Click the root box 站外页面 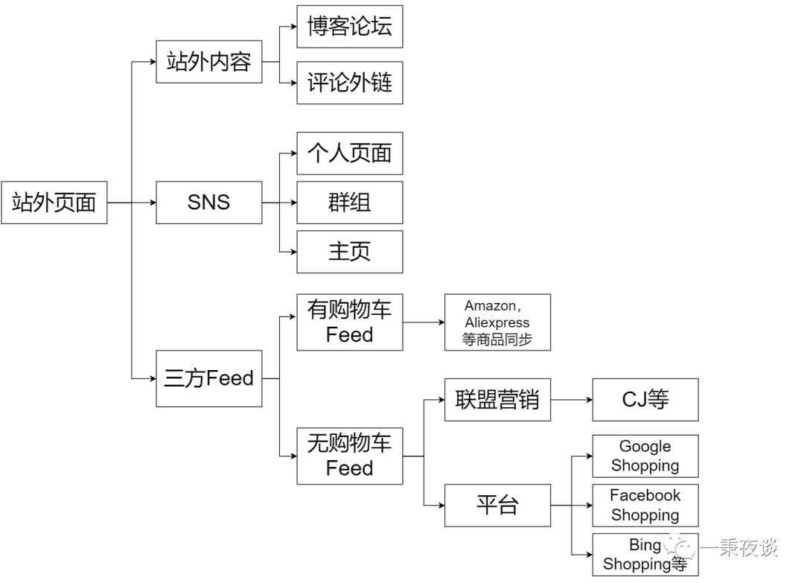[54, 202]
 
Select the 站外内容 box [208, 62]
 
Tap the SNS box [208, 202]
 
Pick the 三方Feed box [208, 378]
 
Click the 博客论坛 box [349, 27]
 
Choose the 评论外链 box [349, 83]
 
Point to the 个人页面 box [349, 153]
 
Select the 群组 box [349, 202]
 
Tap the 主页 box [349, 252]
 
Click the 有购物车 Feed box [349, 322]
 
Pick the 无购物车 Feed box [349, 456]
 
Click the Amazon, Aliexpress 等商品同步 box [497, 322]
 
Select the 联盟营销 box [497, 400]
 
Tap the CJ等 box [645, 400]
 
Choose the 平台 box [497, 506]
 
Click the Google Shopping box [645, 456]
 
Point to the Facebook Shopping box [645, 505]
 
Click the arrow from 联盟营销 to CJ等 [572, 400]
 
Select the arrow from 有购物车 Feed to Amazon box [424, 322]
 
